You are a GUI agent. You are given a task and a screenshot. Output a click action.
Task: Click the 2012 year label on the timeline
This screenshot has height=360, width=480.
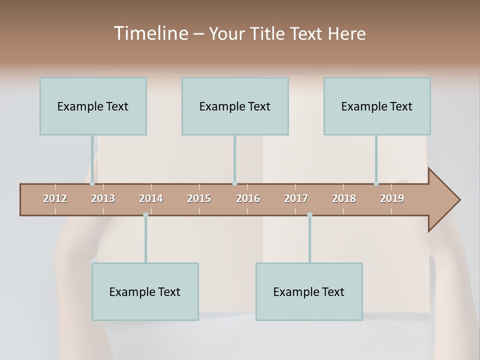(x=55, y=198)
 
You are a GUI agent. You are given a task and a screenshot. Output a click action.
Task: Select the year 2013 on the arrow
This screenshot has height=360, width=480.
(x=103, y=198)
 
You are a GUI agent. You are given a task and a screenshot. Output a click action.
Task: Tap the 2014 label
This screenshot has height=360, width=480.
(x=151, y=198)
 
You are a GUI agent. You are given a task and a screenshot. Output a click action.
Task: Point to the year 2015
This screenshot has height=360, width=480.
(x=199, y=198)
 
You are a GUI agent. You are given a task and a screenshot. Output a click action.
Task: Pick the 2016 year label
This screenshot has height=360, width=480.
(x=248, y=198)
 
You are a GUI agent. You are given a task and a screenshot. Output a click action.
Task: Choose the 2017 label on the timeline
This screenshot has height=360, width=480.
(x=296, y=198)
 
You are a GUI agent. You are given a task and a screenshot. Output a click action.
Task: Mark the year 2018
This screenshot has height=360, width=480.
(x=344, y=198)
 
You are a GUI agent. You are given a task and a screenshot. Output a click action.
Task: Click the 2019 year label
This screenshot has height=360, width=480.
(x=392, y=198)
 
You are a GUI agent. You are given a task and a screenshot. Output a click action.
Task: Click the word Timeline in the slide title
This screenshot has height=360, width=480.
(x=149, y=33)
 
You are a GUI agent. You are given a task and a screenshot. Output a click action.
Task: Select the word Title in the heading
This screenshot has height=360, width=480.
(x=269, y=33)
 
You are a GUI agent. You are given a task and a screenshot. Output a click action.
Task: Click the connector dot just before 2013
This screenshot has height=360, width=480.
(x=92, y=183)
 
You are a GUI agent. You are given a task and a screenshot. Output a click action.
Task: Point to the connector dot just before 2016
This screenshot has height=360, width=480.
(x=234, y=183)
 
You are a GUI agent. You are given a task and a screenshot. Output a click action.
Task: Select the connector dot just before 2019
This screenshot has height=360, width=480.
(x=376, y=183)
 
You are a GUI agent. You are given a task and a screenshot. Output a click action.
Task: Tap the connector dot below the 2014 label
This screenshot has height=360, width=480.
(x=145, y=215)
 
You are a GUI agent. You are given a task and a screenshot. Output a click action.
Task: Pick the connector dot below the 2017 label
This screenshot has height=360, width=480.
(x=309, y=215)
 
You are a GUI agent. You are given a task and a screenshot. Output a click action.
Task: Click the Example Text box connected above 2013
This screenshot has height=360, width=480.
(x=93, y=106)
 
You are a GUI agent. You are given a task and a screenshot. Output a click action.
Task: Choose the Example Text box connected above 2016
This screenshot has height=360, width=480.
(x=235, y=106)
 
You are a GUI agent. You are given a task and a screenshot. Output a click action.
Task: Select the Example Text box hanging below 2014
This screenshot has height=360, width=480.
(x=145, y=291)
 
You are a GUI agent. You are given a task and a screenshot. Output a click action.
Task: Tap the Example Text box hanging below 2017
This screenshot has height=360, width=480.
(x=309, y=291)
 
